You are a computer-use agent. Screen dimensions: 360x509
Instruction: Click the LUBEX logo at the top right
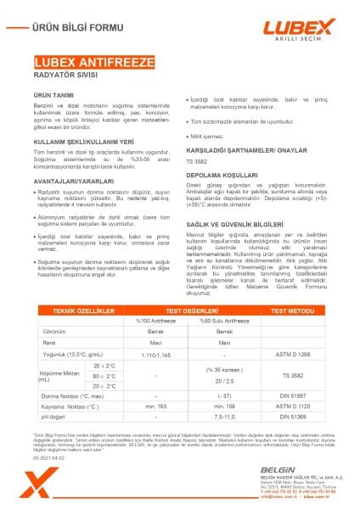point(300,28)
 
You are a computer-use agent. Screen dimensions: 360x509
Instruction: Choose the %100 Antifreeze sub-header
point(155,344)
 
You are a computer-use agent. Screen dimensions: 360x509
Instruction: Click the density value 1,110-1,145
point(155,375)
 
